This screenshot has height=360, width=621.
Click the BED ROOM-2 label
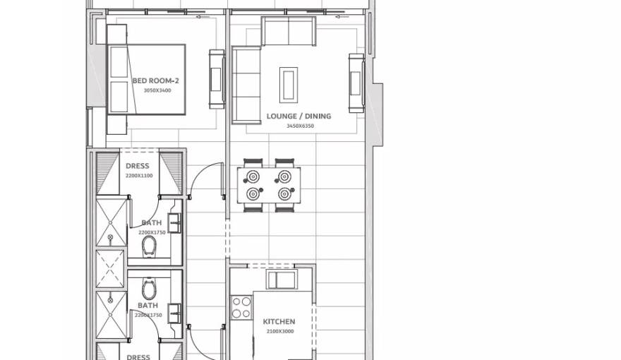[155, 81]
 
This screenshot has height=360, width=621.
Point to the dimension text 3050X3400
[157, 91]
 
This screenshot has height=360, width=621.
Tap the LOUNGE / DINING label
[299, 116]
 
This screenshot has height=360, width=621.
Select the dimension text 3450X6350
[300, 126]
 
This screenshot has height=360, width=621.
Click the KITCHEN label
[279, 322]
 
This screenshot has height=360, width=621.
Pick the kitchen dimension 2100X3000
[279, 331]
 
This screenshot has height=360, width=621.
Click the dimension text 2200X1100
[138, 176]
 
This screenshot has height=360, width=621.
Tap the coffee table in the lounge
[288, 85]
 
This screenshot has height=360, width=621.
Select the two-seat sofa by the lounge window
[288, 31]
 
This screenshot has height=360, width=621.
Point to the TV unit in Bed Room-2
[216, 79]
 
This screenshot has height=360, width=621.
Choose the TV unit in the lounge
[356, 83]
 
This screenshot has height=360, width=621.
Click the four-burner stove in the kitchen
[241, 308]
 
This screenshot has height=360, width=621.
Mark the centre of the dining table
[268, 186]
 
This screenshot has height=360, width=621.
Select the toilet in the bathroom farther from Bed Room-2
[149, 289]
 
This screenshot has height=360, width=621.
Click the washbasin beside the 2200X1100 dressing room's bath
[175, 224]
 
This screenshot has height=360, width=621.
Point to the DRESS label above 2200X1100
[138, 167]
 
